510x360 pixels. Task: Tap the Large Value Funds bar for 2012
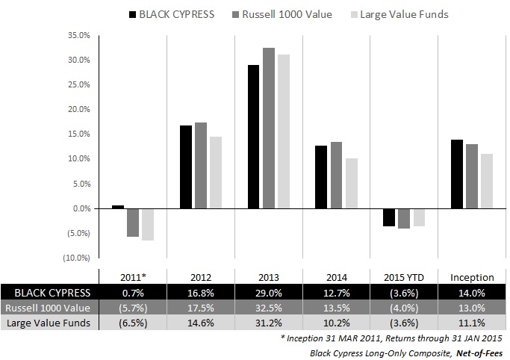(216, 173)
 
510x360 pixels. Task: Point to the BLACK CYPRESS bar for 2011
(118, 207)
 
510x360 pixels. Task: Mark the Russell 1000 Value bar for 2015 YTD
(404, 218)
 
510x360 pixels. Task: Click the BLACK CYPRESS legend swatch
(134, 14)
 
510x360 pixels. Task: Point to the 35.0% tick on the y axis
(79, 35)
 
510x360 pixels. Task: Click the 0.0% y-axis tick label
(81, 208)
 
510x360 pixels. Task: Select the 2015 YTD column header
(404, 277)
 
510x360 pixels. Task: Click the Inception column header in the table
(472, 277)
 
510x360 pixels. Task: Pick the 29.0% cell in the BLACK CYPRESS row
(268, 293)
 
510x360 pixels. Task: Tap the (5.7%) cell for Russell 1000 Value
(132, 308)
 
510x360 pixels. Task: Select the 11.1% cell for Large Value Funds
(472, 323)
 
